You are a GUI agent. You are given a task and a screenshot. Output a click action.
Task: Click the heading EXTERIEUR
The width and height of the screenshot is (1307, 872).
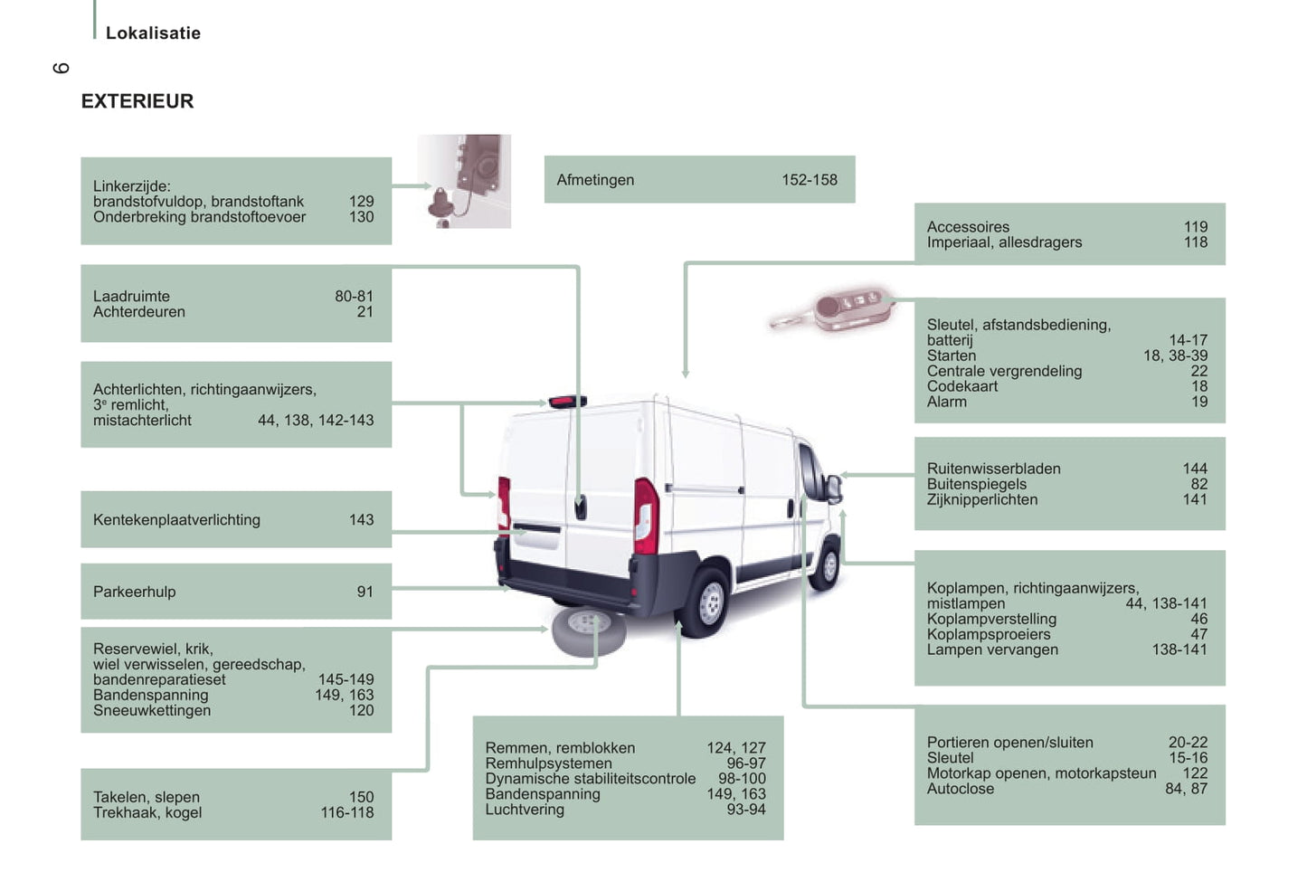[137, 101]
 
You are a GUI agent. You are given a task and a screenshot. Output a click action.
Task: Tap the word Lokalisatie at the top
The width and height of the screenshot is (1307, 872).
[153, 33]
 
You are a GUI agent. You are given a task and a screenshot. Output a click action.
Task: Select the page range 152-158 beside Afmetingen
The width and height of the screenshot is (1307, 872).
[810, 180]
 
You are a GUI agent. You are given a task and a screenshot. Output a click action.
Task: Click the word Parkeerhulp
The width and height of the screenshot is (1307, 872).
[134, 592]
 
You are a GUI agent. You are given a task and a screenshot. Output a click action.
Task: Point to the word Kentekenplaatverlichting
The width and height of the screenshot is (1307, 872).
[176, 519]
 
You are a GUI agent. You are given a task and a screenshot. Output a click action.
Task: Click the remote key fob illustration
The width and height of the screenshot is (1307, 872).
[832, 309]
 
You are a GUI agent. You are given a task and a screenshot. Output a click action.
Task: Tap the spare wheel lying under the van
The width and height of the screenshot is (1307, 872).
[588, 631]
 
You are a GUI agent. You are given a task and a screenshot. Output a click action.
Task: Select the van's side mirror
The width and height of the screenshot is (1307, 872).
[835, 489]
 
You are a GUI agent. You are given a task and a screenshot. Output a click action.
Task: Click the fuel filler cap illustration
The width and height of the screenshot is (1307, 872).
[464, 182]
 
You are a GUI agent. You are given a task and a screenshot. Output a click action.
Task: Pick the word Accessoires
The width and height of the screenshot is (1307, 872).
[968, 226]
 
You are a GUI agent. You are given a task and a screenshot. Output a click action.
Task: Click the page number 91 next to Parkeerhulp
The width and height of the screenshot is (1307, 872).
[365, 592]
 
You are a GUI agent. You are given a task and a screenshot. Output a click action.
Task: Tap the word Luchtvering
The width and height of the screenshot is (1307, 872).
[525, 810]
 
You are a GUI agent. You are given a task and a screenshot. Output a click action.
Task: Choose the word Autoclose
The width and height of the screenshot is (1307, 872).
[961, 789]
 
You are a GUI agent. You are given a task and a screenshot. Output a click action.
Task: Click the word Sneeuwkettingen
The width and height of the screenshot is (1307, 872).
[152, 710]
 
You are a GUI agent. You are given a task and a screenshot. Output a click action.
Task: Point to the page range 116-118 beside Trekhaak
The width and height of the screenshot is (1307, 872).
[347, 812]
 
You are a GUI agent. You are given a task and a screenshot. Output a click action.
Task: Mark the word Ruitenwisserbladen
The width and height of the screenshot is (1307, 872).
[994, 469]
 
